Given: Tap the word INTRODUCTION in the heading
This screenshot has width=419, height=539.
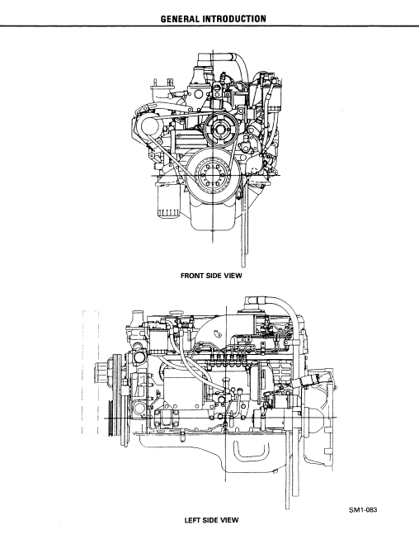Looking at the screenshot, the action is [x=235, y=18].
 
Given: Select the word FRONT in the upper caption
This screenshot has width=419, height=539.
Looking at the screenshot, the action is [x=192, y=276].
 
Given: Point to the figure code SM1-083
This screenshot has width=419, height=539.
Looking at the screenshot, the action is [x=363, y=510].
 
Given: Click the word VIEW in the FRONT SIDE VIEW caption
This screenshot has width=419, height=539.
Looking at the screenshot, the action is [x=233, y=276].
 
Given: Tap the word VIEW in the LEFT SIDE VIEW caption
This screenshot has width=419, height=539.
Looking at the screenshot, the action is [x=229, y=520].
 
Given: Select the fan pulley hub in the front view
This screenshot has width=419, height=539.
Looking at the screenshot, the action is [x=220, y=130].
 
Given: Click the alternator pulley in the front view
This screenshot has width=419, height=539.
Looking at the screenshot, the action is [x=150, y=126].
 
